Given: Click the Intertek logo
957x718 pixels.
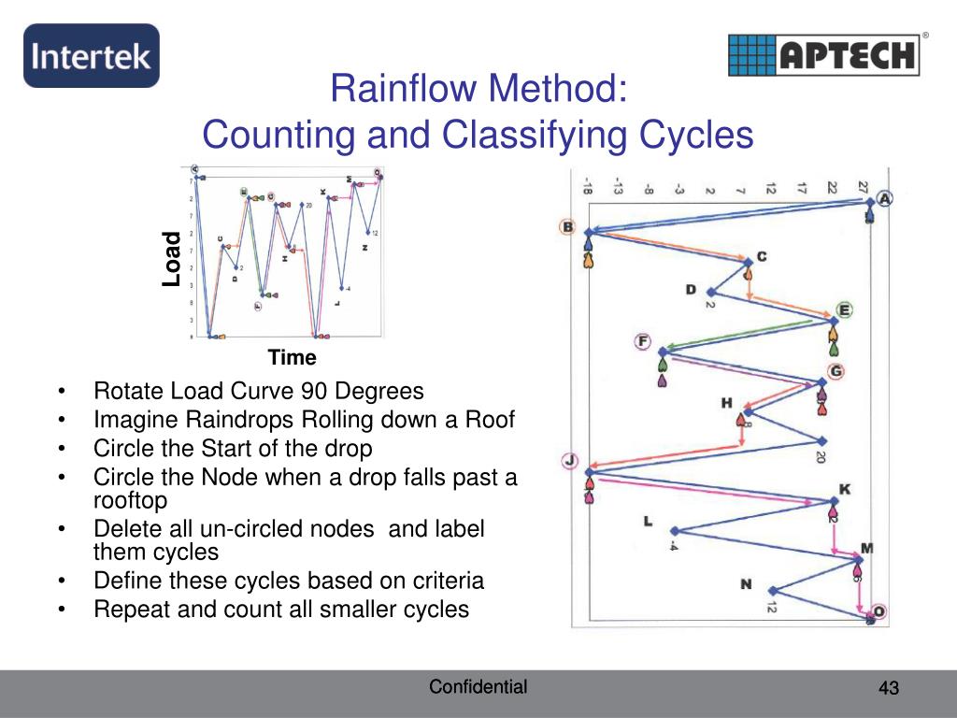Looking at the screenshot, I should [x=91, y=56].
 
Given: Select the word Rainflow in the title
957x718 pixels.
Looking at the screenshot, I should [x=395, y=91].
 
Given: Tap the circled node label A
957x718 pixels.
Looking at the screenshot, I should [x=884, y=198].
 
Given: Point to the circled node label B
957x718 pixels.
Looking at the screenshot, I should [x=566, y=226].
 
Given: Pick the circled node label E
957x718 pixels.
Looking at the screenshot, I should [x=845, y=310].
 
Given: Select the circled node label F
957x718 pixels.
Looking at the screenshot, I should [x=643, y=341].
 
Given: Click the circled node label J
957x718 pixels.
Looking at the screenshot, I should [x=570, y=460].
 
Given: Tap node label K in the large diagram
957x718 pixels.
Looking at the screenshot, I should [x=845, y=489].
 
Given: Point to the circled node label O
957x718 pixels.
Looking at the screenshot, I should [x=879, y=612].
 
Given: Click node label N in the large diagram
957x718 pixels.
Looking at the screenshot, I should [x=746, y=584].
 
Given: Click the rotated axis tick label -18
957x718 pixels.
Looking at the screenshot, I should [x=586, y=186].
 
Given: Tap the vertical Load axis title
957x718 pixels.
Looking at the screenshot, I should [x=171, y=258].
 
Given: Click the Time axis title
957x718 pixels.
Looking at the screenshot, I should [x=293, y=357].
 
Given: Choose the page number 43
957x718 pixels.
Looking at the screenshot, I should [x=888, y=689].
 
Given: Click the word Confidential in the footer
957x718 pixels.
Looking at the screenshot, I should [x=478, y=687].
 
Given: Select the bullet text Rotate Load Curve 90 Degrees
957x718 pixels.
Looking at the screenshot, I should [x=259, y=391].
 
